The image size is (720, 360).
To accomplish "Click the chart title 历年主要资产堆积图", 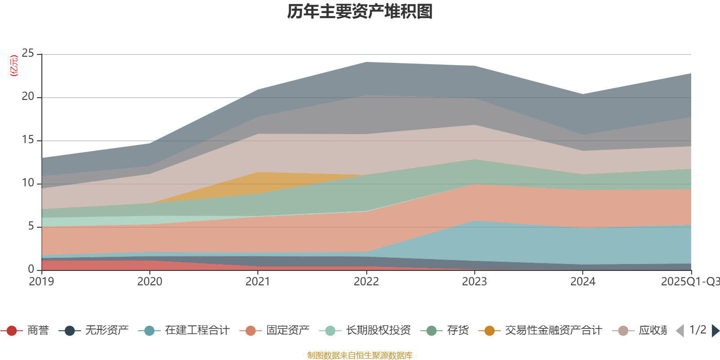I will (x=360, y=12).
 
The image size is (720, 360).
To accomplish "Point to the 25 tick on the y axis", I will (x=28, y=54).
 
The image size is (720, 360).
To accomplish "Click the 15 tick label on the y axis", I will (x=28, y=140).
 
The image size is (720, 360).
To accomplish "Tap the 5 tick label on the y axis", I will (x=31, y=226).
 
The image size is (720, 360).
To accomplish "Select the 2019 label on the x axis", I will (x=41, y=282).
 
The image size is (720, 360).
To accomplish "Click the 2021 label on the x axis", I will (x=258, y=282).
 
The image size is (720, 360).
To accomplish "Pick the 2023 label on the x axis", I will (x=474, y=282).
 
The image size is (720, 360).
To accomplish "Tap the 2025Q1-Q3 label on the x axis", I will (x=689, y=282).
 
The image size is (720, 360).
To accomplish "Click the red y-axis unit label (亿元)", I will (x=14, y=66).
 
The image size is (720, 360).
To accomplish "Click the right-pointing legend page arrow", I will (x=715, y=331).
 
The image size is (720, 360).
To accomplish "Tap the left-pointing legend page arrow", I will (x=680, y=331).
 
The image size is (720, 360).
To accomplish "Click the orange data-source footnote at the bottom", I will (x=360, y=355).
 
